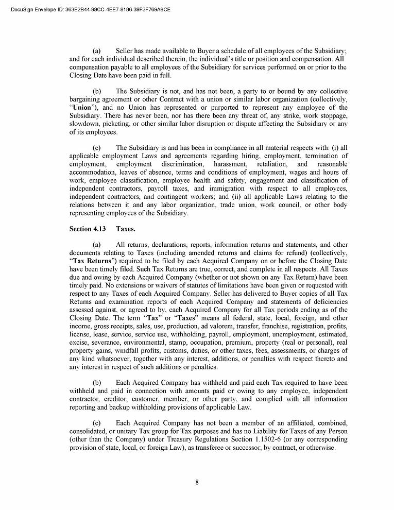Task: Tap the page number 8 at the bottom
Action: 197,482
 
